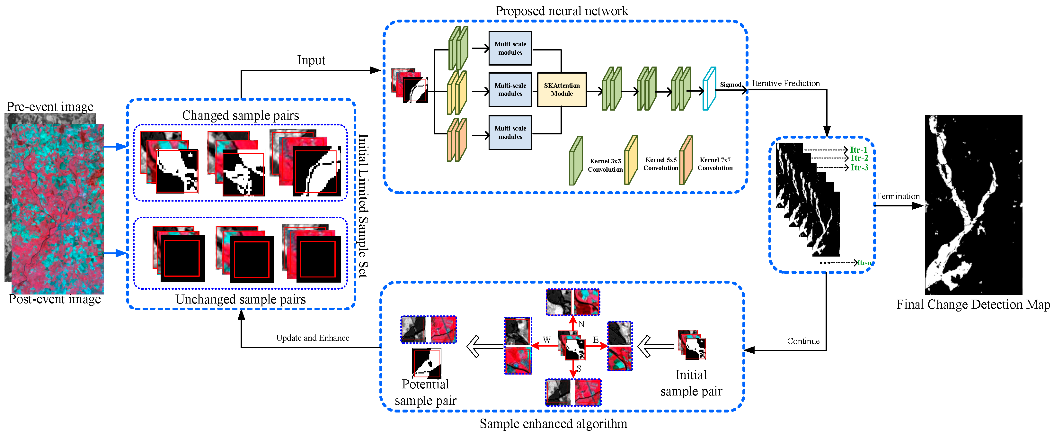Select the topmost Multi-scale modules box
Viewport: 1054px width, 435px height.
point(510,48)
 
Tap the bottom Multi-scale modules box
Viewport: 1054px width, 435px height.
point(510,132)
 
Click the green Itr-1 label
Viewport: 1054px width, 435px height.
point(858,150)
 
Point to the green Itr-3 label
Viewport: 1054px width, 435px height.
point(859,168)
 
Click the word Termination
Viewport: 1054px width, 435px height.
point(898,196)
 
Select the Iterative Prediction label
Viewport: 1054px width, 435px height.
point(785,84)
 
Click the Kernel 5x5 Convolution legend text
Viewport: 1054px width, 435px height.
point(661,164)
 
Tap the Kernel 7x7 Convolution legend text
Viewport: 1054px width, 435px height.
point(715,164)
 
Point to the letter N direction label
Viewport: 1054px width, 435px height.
point(581,324)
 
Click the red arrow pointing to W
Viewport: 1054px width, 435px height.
point(544,346)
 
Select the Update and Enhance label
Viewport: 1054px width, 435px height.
point(313,338)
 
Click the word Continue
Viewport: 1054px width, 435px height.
point(803,341)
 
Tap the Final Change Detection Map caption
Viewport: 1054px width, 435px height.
point(973,305)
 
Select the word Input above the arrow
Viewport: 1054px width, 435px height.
point(311,61)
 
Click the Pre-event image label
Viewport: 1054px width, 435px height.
point(50,107)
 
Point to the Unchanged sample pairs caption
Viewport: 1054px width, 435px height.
point(241,299)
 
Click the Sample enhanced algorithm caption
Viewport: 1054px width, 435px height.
point(553,423)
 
